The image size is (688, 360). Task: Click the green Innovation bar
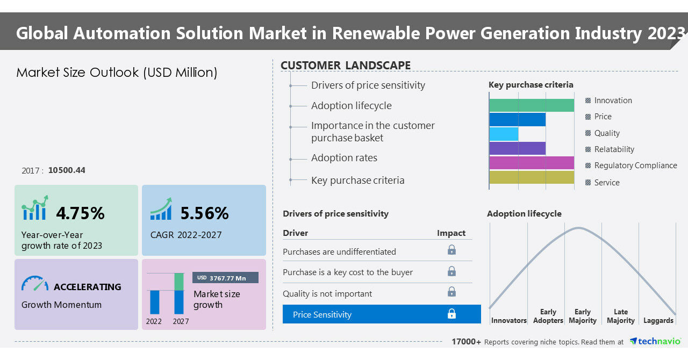click(x=532, y=105)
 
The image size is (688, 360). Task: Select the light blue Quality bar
click(x=504, y=134)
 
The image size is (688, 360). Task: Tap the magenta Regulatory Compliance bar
click(x=532, y=163)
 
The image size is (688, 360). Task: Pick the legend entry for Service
click(x=603, y=183)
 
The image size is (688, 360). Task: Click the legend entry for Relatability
click(x=610, y=149)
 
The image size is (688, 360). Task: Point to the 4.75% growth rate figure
click(x=80, y=213)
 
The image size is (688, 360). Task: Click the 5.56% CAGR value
click(x=205, y=213)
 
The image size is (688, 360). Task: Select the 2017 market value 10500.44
click(x=67, y=170)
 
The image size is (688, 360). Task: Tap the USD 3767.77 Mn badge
click(x=225, y=278)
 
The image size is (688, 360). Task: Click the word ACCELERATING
click(x=88, y=287)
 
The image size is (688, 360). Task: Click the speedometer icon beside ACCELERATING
click(x=35, y=284)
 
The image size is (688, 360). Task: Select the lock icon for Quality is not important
click(x=451, y=292)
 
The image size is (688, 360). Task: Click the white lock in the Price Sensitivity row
click(x=451, y=314)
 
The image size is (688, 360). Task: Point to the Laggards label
click(x=658, y=320)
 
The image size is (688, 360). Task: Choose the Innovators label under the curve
click(x=509, y=320)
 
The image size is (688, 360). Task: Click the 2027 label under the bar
click(x=181, y=321)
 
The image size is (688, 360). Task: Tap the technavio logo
click(x=655, y=341)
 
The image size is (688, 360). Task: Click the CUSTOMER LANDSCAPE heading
click(x=346, y=66)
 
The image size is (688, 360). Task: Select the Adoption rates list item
click(x=344, y=158)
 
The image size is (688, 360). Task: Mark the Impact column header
click(x=451, y=233)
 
